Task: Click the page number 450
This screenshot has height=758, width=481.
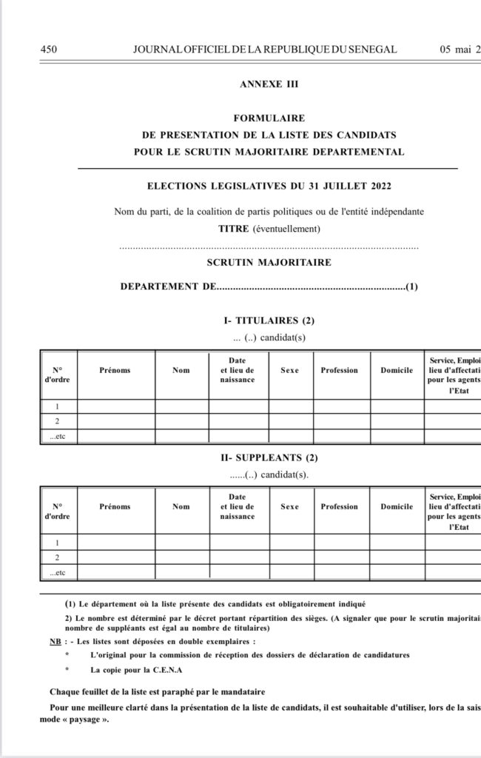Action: (49, 50)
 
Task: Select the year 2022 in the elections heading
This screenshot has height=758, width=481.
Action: (376, 185)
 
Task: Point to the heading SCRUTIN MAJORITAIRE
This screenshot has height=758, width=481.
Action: (269, 262)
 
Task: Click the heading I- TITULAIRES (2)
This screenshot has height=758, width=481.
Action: (269, 321)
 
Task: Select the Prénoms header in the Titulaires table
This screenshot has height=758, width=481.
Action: (115, 370)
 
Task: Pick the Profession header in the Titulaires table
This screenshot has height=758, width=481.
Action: (339, 370)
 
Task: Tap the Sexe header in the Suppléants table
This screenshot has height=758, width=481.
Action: (289, 507)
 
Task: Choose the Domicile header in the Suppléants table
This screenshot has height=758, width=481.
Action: (397, 507)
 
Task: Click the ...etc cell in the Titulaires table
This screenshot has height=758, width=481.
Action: (57, 436)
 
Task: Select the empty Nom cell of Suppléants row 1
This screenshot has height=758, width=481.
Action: (181, 543)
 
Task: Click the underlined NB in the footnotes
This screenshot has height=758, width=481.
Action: (46, 641)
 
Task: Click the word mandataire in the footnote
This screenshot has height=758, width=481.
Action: (240, 691)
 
